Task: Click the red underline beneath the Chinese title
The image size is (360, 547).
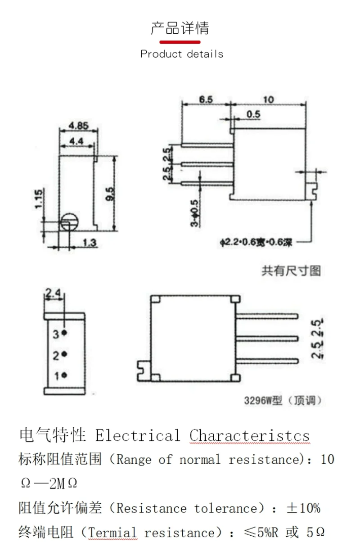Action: [x=180, y=42]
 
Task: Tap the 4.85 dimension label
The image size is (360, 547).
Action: [x=78, y=126]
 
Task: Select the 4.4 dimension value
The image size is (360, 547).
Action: [x=76, y=141]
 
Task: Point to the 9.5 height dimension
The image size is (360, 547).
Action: [x=110, y=194]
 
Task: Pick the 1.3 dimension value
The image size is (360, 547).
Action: [x=90, y=243]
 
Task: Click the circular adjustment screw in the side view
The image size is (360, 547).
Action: [x=70, y=222]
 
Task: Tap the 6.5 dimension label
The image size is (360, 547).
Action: [x=206, y=99]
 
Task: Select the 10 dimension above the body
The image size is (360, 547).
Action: [x=269, y=99]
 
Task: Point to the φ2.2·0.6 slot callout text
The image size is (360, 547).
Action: [x=256, y=243]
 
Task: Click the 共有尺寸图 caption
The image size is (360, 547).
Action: [x=291, y=271]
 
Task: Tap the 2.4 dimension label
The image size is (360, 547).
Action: [x=53, y=293]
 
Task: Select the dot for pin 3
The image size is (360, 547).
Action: [x=64, y=332]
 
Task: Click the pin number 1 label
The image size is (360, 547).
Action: [x=56, y=376]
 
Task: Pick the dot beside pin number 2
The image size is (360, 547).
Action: [x=64, y=353]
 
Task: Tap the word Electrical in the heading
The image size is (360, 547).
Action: [x=138, y=436]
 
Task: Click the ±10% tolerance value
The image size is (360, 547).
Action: [x=303, y=508]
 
